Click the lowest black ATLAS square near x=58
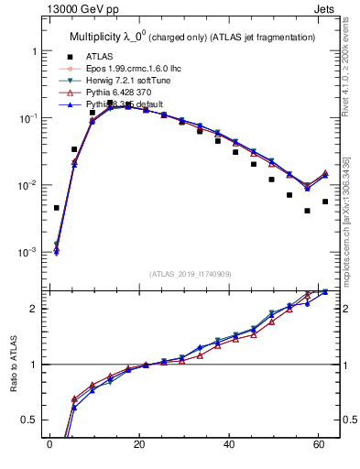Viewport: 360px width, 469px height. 308,211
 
